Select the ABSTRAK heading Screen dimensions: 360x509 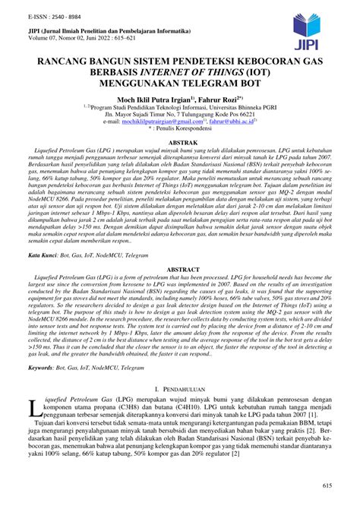(179, 142)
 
